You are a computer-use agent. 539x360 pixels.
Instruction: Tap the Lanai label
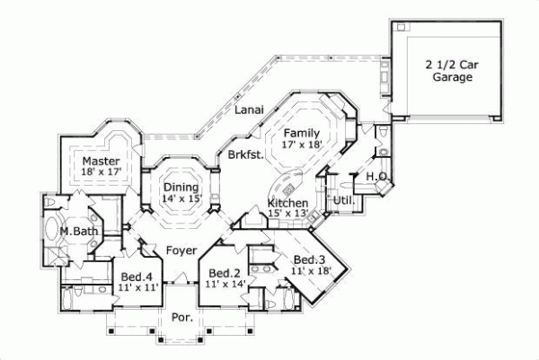point(249,110)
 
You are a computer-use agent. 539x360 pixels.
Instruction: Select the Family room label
point(303,131)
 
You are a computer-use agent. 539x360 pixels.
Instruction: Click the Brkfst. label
point(245,154)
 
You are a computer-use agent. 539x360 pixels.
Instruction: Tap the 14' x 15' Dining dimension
point(182,198)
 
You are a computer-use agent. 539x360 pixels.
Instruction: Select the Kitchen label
point(288,204)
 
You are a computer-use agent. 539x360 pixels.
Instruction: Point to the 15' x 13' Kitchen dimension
point(288,215)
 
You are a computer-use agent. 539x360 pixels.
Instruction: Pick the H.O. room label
point(376,177)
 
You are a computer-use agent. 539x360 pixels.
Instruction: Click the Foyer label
point(181,250)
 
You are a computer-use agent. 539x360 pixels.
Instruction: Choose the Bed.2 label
point(223,273)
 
